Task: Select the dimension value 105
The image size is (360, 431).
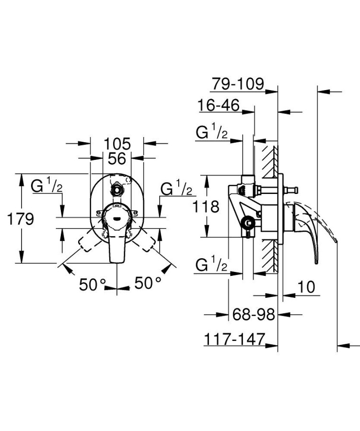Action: [x=117, y=143]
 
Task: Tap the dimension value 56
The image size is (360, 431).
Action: [x=117, y=158]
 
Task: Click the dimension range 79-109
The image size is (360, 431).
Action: [x=237, y=84]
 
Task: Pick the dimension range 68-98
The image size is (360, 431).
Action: [x=254, y=315]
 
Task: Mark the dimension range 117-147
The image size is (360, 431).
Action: [x=235, y=339]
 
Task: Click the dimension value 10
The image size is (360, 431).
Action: [x=305, y=287]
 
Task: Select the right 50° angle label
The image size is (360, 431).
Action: [x=147, y=283]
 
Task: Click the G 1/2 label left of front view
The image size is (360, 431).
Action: [x=47, y=186]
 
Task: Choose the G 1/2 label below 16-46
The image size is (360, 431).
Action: [x=211, y=133]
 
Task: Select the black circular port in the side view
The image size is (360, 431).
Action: [x=247, y=223]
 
